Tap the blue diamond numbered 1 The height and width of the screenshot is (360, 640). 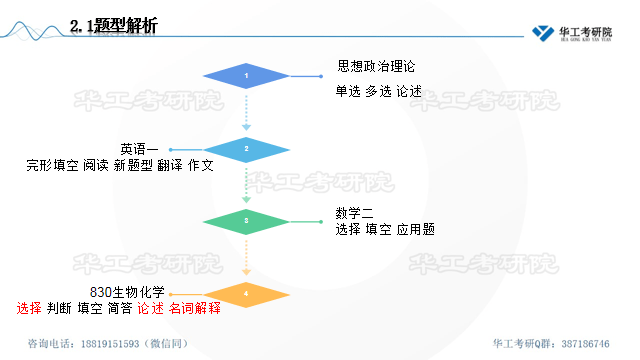tap(246, 76)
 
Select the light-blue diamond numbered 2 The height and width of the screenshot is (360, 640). tap(246, 149)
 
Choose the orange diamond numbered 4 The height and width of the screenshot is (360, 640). tap(246, 294)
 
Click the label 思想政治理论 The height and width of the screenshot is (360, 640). tap(375, 67)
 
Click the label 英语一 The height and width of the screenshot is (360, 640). tap(139, 149)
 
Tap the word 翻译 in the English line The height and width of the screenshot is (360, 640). tap(170, 165)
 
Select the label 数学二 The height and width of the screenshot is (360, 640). tap(355, 213)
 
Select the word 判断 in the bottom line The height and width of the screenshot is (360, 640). tap(60, 308)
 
